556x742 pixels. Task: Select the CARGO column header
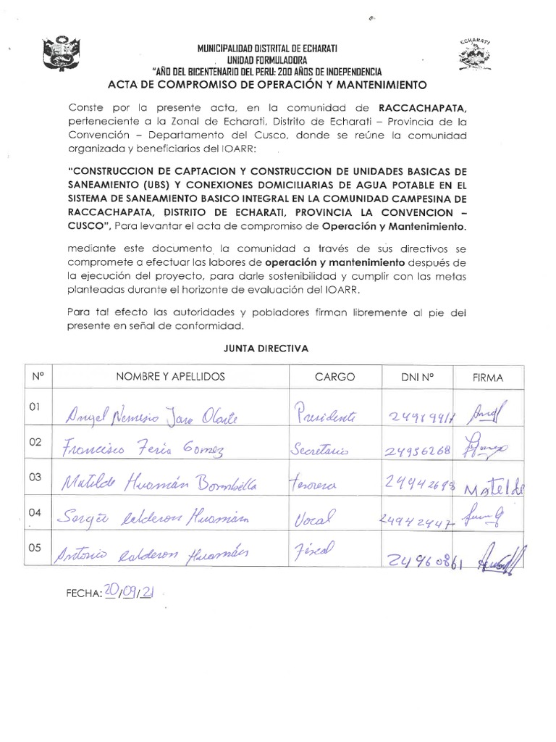coord(334,377)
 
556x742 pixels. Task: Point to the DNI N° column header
coord(416,377)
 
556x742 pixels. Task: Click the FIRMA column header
coord(487,378)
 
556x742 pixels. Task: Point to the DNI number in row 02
coord(416,451)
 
